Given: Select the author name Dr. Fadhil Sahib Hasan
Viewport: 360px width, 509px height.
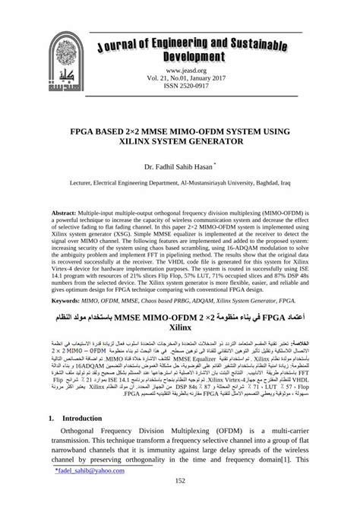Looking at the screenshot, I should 176,164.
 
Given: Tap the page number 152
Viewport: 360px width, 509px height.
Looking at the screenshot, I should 180,501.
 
